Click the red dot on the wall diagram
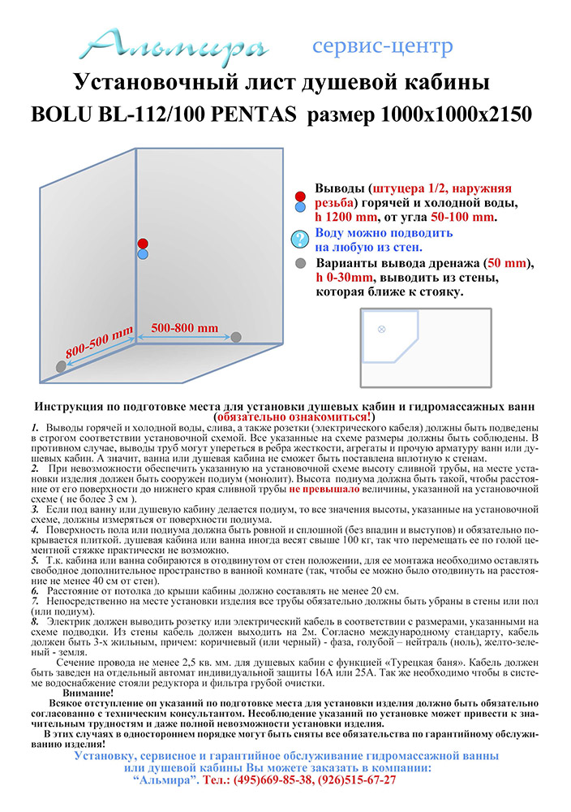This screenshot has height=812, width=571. [143, 243]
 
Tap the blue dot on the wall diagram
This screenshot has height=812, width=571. [143, 254]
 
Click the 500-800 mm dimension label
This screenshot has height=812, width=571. [185, 327]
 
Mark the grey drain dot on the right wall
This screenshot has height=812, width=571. [236, 336]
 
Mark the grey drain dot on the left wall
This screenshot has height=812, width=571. [61, 367]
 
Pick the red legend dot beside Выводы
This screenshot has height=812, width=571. [300, 197]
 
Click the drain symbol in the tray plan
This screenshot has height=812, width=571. [381, 328]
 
